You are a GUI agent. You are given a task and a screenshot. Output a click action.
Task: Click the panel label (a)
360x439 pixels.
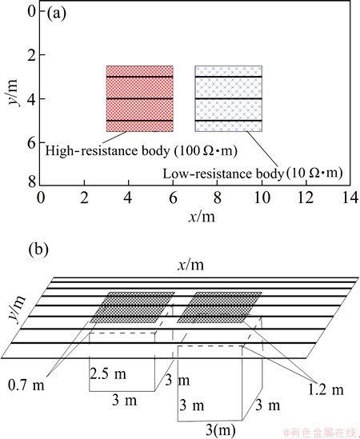56,14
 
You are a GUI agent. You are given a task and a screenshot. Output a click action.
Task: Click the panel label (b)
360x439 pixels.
38,249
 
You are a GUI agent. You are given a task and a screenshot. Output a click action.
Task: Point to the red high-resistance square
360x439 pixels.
139,98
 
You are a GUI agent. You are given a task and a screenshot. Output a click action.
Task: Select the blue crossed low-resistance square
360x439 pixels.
229,98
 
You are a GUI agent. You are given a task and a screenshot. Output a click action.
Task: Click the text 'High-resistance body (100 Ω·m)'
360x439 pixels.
141,151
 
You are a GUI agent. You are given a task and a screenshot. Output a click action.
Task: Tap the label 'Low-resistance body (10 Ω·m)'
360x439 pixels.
253,174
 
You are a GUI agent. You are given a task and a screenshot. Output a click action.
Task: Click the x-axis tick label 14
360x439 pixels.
350,198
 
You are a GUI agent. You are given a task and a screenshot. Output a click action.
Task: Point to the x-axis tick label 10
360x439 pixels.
262,198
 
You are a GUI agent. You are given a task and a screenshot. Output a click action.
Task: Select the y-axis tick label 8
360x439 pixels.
33,182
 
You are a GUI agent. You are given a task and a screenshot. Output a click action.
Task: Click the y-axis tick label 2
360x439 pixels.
33,54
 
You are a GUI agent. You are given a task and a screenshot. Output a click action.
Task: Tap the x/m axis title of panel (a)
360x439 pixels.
202,217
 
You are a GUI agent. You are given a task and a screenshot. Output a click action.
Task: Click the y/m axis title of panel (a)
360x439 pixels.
13,93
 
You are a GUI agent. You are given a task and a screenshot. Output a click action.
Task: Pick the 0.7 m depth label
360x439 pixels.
26,385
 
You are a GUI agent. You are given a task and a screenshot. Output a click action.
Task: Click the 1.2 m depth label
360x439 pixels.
326,389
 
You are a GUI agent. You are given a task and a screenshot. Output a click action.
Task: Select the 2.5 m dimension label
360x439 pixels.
108,373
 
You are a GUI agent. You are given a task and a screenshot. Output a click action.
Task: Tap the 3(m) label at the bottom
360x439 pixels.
221,429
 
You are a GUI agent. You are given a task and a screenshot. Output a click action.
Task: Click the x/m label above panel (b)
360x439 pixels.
190,265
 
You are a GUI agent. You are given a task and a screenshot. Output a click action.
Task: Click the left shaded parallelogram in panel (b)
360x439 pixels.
132,307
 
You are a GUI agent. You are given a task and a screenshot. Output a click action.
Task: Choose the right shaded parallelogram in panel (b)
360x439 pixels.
220,307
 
